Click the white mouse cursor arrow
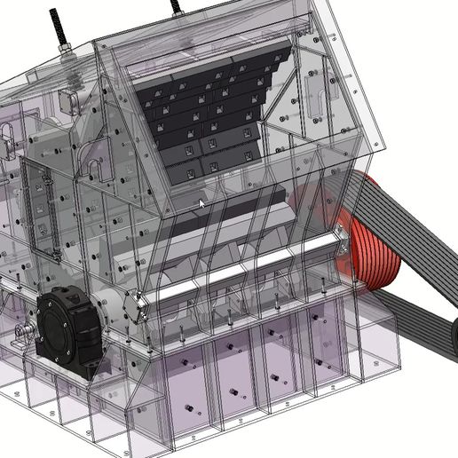click(201, 204)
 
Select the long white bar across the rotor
click(249, 269)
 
